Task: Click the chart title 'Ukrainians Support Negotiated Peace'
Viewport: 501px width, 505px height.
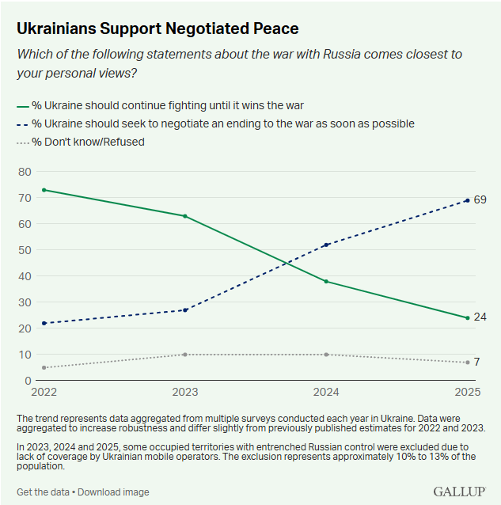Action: (x=158, y=28)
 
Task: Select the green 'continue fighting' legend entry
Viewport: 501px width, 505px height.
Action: (x=160, y=105)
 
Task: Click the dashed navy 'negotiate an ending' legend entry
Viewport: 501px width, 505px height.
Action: (x=215, y=123)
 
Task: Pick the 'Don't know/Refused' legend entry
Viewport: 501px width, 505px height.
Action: (x=81, y=142)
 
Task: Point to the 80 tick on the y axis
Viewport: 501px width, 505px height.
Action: (x=25, y=172)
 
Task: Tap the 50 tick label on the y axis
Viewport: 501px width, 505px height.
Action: (x=25, y=250)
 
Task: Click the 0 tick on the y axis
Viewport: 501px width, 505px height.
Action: (x=28, y=381)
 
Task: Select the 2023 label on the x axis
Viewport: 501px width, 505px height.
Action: (x=185, y=392)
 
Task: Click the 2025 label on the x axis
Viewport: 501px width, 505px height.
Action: (x=468, y=392)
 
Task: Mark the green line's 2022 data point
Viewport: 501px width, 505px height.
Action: (x=44, y=190)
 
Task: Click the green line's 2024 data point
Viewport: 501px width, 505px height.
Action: (x=326, y=282)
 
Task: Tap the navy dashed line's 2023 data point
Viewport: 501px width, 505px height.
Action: (x=185, y=310)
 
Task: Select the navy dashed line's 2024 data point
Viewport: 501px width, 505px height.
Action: (x=326, y=245)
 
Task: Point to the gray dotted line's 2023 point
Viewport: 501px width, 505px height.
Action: (x=185, y=355)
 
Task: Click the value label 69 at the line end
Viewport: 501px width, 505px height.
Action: (x=480, y=199)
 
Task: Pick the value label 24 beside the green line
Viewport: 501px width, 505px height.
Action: (x=480, y=317)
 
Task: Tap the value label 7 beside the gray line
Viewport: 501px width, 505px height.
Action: (x=476, y=362)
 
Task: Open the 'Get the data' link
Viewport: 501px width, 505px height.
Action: (x=44, y=492)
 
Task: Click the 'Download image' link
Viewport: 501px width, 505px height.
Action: (x=113, y=492)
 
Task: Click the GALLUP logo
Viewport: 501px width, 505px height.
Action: (x=460, y=492)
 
